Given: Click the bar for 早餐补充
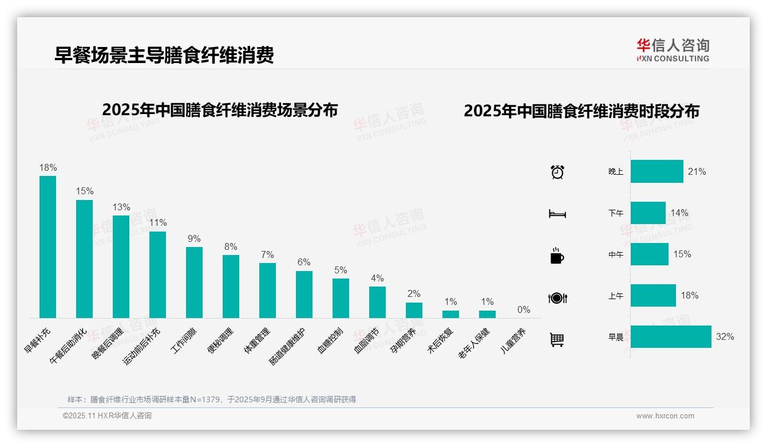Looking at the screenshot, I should (x=48, y=247).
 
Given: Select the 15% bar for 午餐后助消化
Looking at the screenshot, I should (x=84, y=258).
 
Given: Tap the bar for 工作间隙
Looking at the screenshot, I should (x=194, y=282).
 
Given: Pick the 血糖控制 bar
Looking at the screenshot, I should (x=341, y=298).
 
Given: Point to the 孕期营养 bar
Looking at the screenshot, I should (x=414, y=310).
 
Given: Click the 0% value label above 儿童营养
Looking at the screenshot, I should (x=524, y=310).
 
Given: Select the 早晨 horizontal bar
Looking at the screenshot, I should (x=671, y=337).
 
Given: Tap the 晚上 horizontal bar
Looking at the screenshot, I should (x=657, y=171).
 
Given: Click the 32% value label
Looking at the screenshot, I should (x=725, y=337).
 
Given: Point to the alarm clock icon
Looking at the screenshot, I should (x=558, y=172).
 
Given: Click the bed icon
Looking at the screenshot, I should (x=558, y=214).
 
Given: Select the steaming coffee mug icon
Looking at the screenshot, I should (x=557, y=256).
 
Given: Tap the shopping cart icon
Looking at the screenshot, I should (x=557, y=339).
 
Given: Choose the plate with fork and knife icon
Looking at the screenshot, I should (x=558, y=298).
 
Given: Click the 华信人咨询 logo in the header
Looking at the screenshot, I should (x=673, y=50).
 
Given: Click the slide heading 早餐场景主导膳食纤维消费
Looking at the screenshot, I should (x=164, y=55).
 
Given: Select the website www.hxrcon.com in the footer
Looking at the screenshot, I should (x=665, y=416).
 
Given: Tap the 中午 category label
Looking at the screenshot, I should (x=616, y=254).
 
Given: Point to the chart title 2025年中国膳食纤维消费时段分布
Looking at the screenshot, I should (x=582, y=111).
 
